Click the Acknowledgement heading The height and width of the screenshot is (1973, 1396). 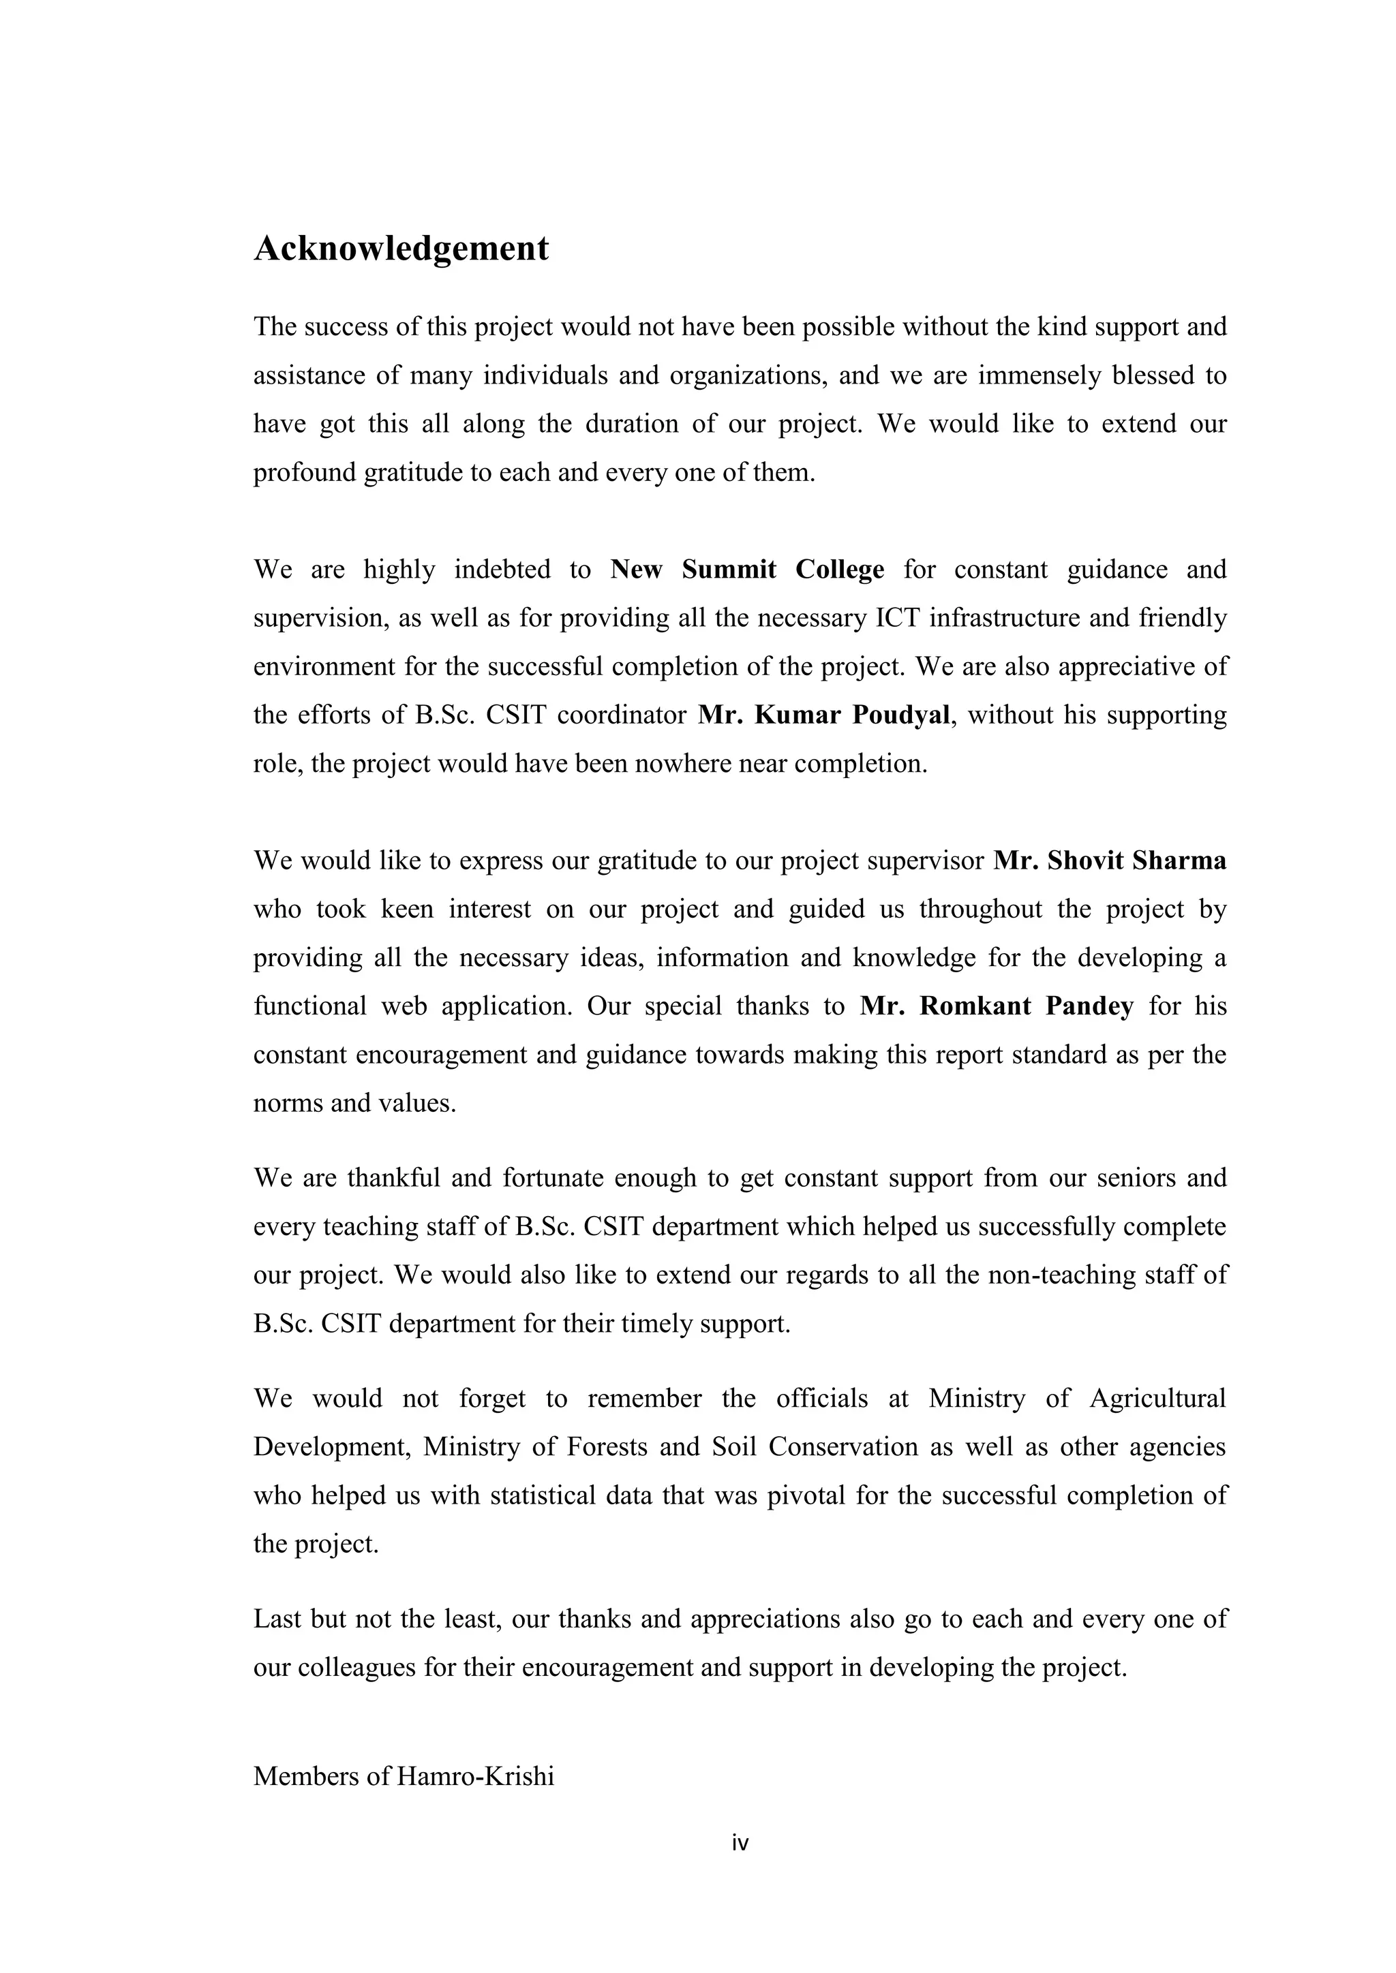click(401, 249)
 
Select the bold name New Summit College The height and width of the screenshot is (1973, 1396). click(747, 570)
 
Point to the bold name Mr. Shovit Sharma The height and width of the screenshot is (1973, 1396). click(1110, 860)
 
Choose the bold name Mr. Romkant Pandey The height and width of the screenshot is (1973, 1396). click(997, 1006)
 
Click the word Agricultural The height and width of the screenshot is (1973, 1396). click(1157, 1399)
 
